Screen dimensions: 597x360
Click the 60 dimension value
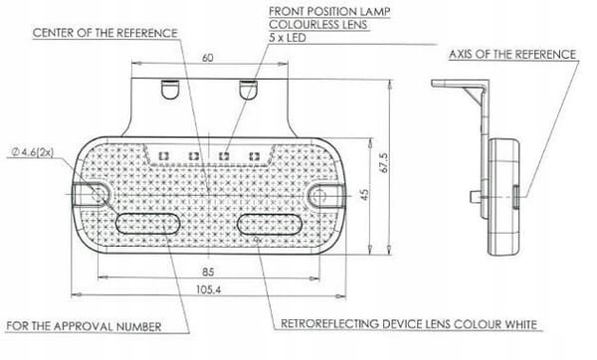point(208,58)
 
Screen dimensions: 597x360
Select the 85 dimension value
point(208,271)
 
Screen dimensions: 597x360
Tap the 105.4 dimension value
point(208,289)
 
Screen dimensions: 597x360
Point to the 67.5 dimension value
point(384,163)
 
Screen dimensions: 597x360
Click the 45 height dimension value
point(364,195)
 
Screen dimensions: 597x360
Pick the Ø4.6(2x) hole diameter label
point(33,152)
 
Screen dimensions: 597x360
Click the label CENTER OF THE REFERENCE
point(105,33)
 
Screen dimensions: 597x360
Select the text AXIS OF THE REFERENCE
point(512,55)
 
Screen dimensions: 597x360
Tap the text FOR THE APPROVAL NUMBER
point(84,326)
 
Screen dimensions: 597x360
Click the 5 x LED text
point(288,38)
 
